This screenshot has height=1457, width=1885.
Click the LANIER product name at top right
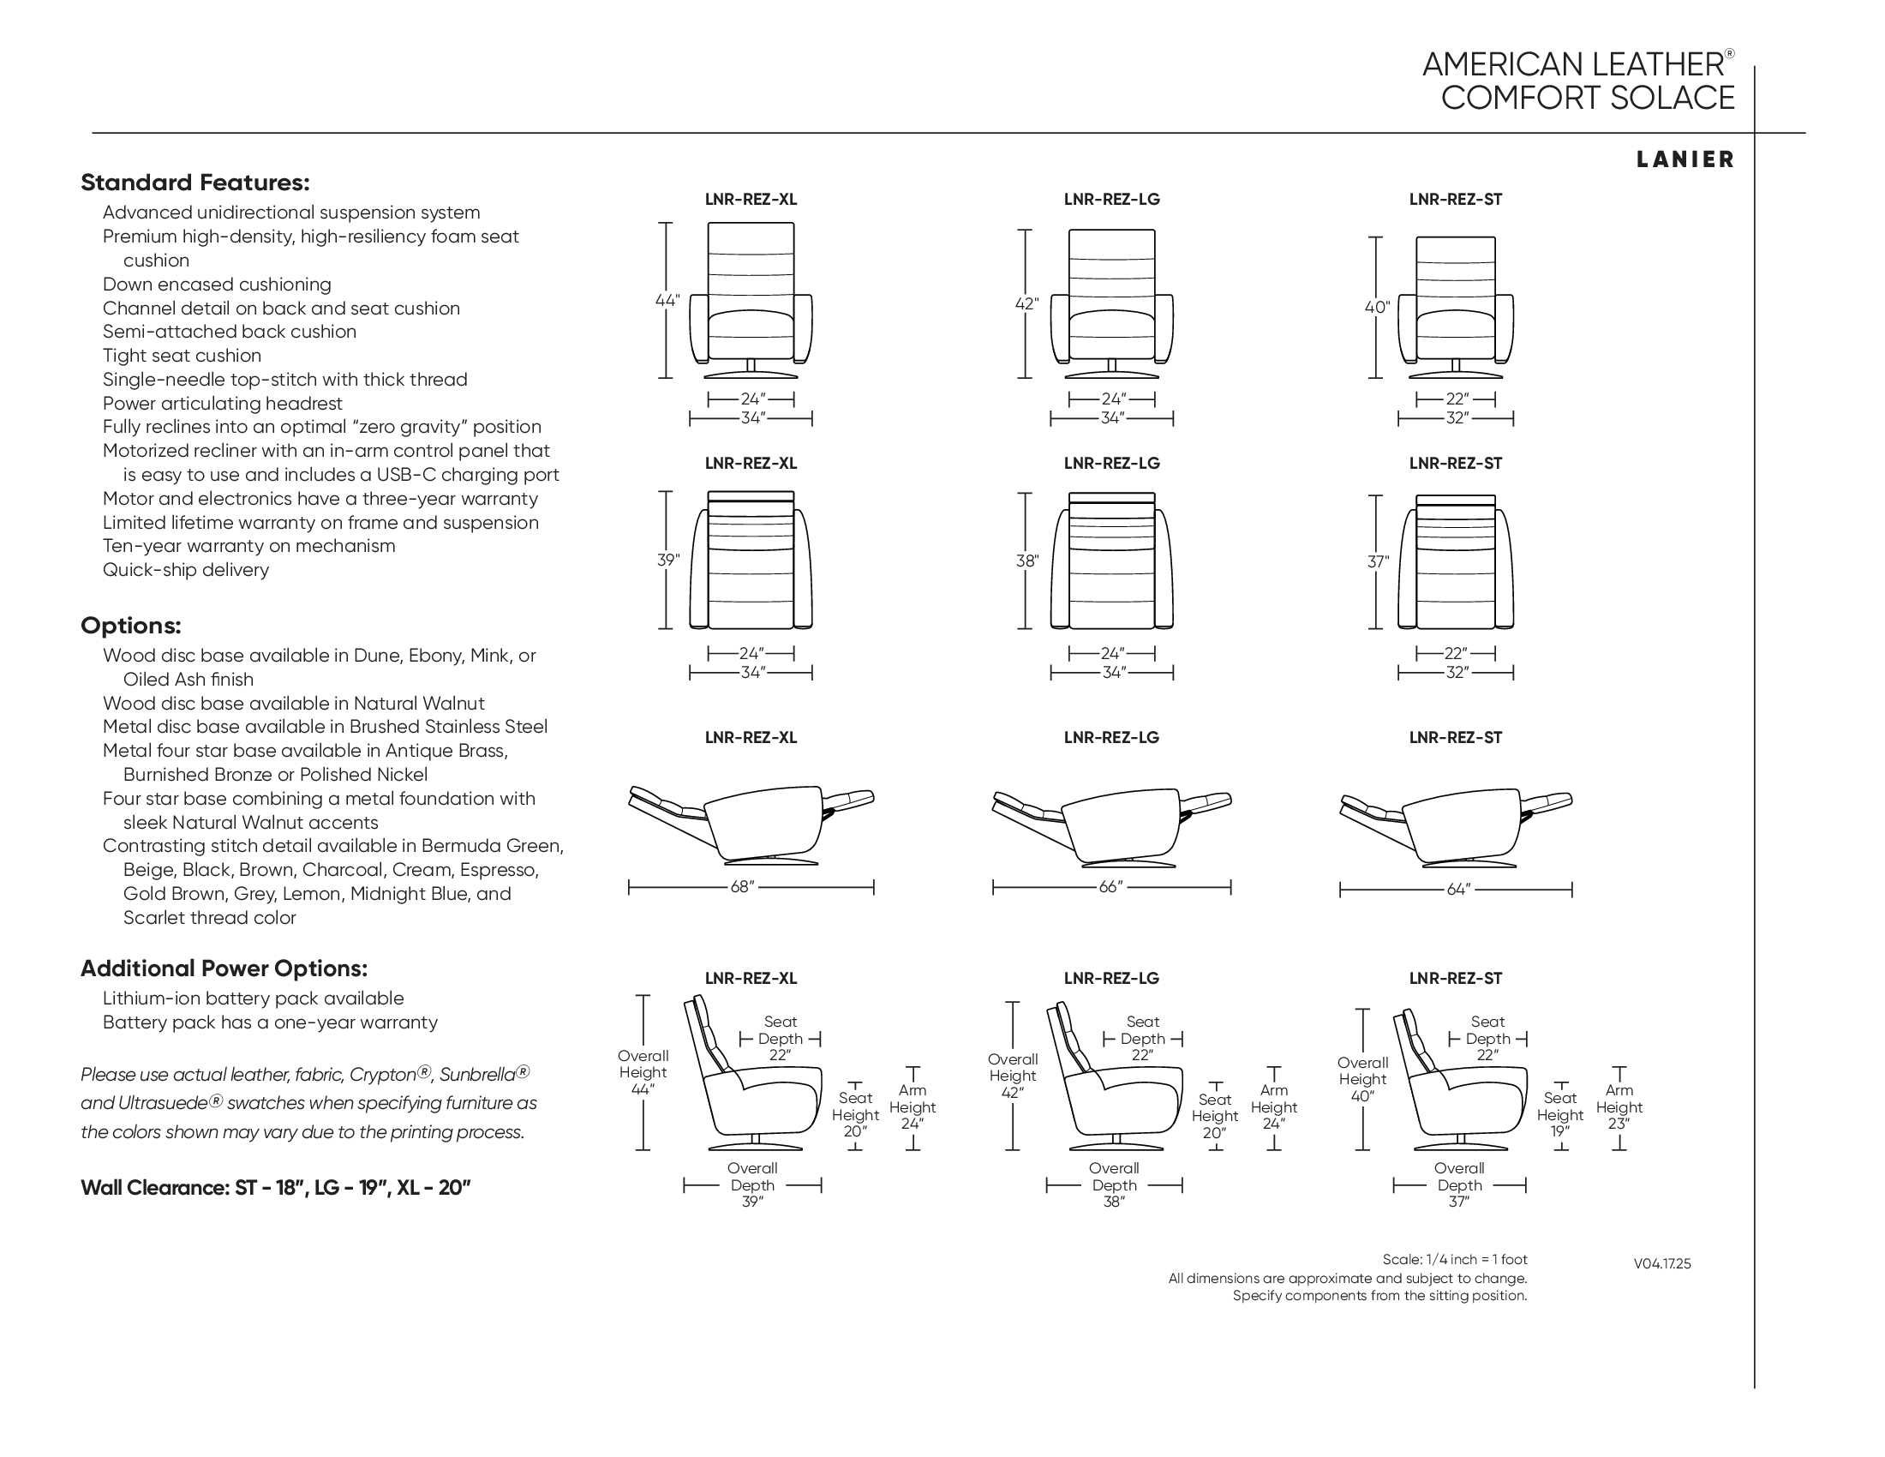pyautogui.click(x=1685, y=159)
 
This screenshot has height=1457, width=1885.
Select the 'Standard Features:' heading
pyautogui.click(x=194, y=183)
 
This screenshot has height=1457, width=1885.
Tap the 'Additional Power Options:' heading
pyautogui.click(x=224, y=968)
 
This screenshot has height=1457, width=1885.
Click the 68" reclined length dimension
pyautogui.click(x=742, y=887)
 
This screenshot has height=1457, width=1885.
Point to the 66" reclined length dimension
pyautogui.click(x=1110, y=887)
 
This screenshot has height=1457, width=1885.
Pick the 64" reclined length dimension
pyautogui.click(x=1457, y=889)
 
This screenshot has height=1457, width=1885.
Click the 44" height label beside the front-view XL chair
pyautogui.click(x=667, y=301)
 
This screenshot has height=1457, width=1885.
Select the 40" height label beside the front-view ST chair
pyautogui.click(x=1377, y=308)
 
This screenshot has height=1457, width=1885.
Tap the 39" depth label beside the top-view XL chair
pyautogui.click(x=667, y=561)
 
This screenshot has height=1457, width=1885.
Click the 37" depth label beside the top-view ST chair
pyautogui.click(x=1378, y=562)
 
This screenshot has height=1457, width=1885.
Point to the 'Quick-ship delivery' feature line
pyautogui.click(x=186, y=570)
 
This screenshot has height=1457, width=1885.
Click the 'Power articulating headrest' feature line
pyautogui.click(x=222, y=403)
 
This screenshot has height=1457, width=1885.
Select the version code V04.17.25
pyautogui.click(x=1661, y=1263)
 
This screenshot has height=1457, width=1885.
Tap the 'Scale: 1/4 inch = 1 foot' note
pyautogui.click(x=1454, y=1259)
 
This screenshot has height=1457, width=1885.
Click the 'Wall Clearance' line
pyautogui.click(x=275, y=1188)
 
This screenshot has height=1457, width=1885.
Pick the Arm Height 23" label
pyautogui.click(x=1619, y=1107)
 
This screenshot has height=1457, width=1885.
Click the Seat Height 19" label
pyautogui.click(x=1559, y=1114)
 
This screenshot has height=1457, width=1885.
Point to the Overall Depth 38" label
pyautogui.click(x=1113, y=1185)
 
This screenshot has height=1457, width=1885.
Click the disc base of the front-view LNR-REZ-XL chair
pyautogui.click(x=751, y=375)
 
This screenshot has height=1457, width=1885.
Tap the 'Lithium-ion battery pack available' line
pyautogui.click(x=253, y=998)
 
